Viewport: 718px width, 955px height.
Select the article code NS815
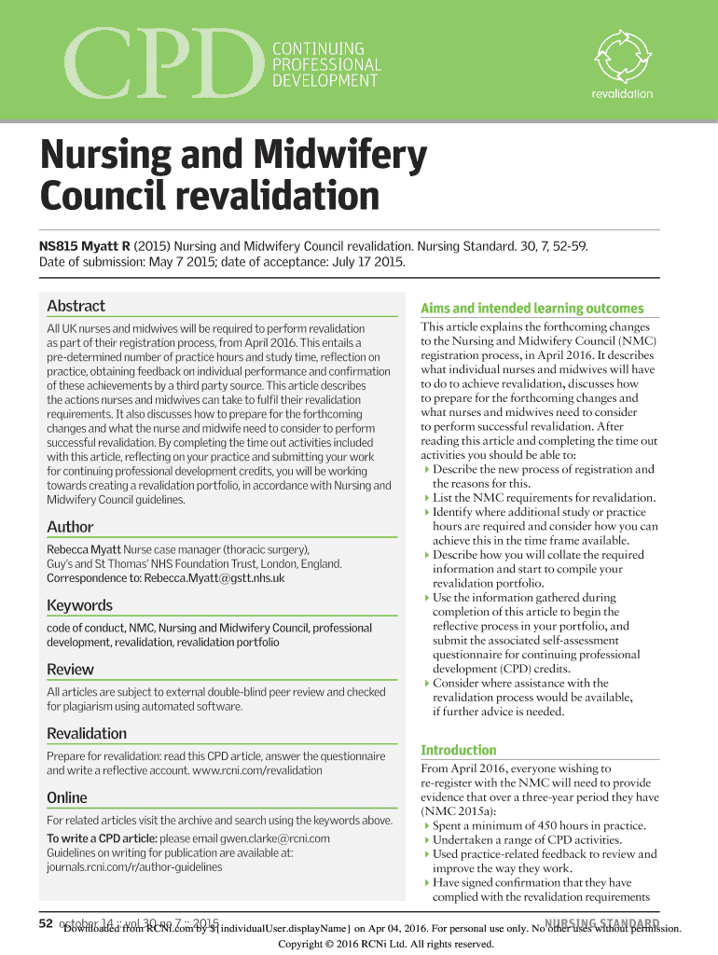click(x=62, y=245)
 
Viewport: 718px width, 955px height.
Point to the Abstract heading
click(x=76, y=306)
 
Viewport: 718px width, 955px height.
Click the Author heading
click(x=70, y=527)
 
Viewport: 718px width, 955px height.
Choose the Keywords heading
click(x=79, y=605)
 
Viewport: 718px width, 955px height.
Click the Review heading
click(x=70, y=669)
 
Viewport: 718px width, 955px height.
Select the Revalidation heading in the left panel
click(x=87, y=733)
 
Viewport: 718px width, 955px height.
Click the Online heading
click(x=66, y=797)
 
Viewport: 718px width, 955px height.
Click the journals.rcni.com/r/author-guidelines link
click(x=134, y=866)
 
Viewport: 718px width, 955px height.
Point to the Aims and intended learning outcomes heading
click(x=532, y=308)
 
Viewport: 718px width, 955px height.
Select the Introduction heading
click(x=459, y=750)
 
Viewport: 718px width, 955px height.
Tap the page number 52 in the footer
click(x=45, y=924)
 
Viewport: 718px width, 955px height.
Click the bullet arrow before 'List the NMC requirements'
click(x=427, y=498)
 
